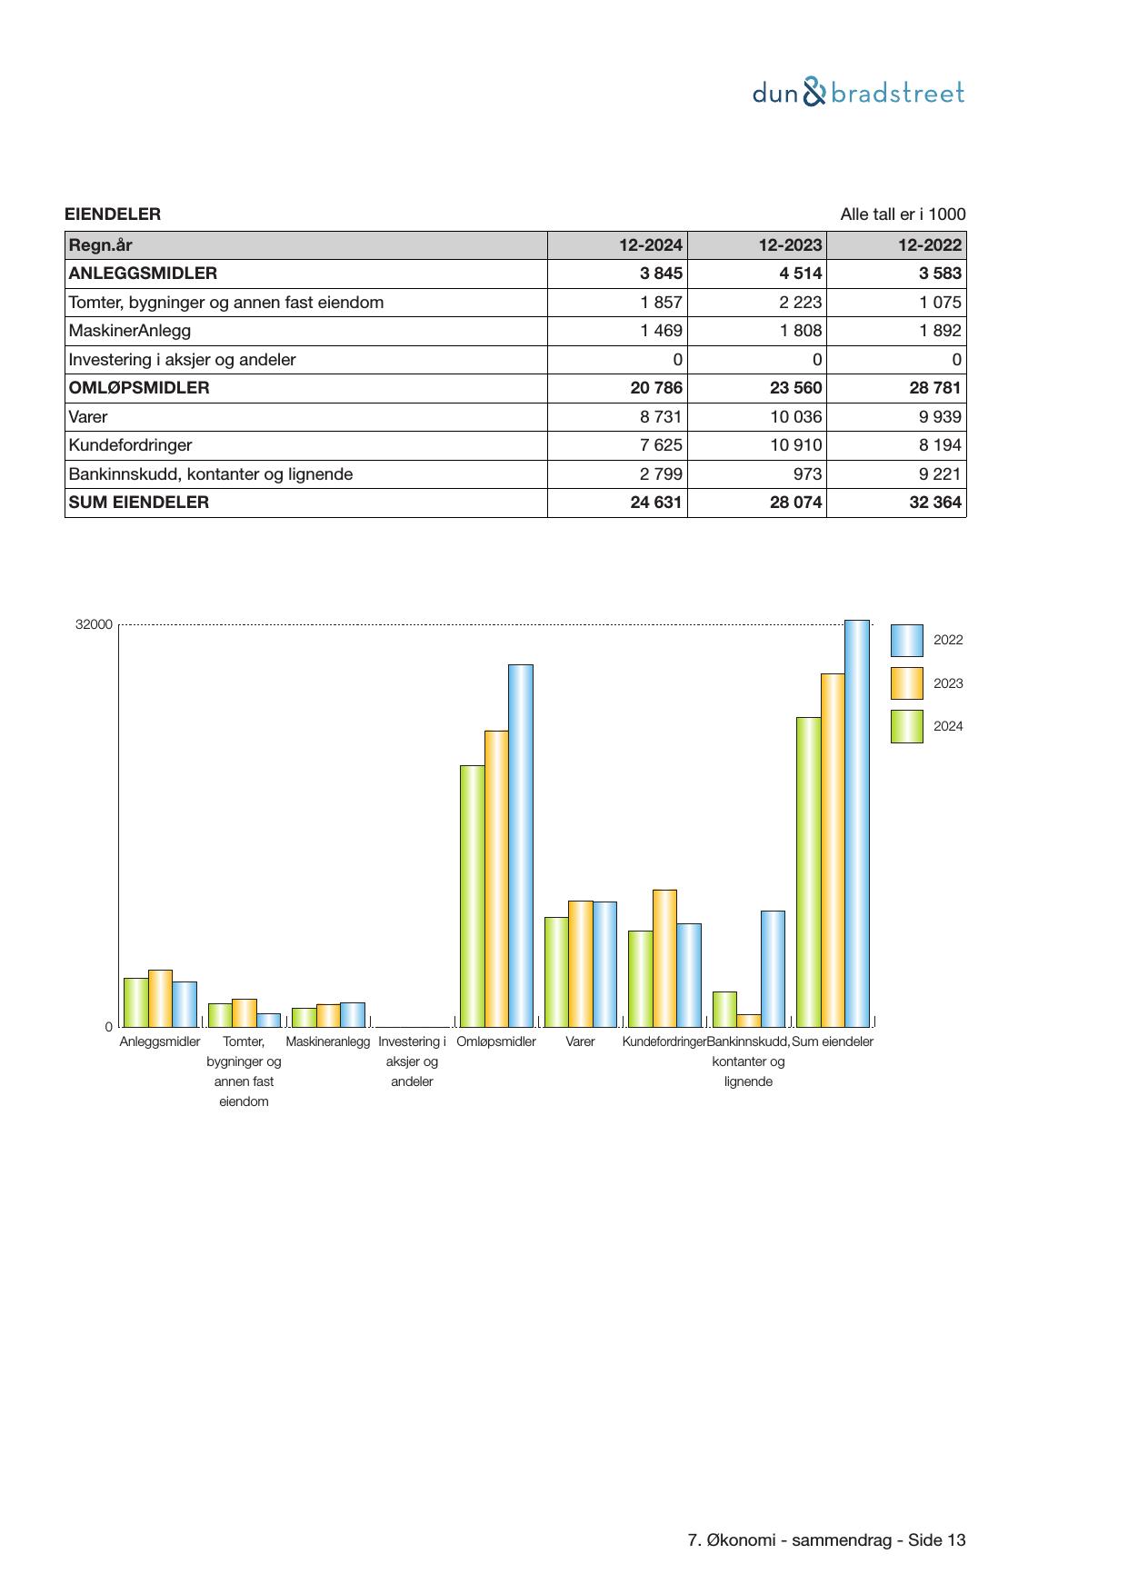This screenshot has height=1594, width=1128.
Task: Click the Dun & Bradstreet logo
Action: tap(858, 93)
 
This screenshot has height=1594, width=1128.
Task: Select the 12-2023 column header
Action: tap(790, 245)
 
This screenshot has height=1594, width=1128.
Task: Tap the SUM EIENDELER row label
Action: tap(139, 503)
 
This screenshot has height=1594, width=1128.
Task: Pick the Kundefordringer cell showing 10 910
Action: tap(795, 445)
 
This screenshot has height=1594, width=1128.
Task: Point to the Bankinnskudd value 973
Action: tap(807, 474)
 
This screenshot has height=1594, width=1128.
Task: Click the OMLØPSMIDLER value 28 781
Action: tap(934, 388)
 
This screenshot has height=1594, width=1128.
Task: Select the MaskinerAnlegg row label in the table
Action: tap(130, 331)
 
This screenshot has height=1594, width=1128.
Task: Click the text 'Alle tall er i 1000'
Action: tap(903, 214)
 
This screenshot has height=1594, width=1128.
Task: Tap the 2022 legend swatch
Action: tap(906, 641)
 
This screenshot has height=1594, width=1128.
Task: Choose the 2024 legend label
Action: tap(948, 726)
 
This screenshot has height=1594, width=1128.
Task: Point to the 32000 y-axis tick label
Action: tap(95, 625)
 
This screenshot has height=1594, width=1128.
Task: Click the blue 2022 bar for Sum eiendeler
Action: tap(857, 822)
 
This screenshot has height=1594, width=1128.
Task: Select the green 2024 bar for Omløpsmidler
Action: tap(472, 895)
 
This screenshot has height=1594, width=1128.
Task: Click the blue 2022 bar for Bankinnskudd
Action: tap(773, 968)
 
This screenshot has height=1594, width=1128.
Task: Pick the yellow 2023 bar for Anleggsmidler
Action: tap(160, 998)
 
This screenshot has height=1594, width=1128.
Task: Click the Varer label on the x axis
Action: tap(580, 1041)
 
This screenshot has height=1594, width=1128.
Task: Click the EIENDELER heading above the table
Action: tap(113, 214)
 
